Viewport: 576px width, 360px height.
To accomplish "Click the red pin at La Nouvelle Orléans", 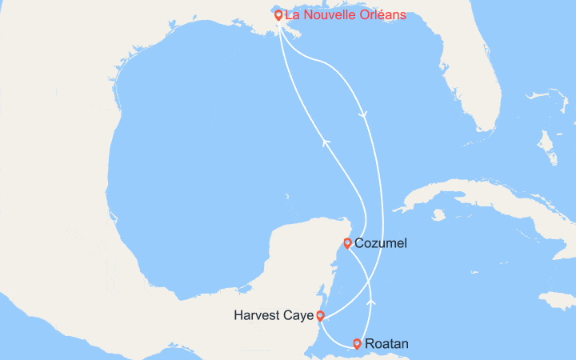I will tap(278, 14).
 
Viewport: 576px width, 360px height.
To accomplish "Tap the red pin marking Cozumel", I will tap(347, 243).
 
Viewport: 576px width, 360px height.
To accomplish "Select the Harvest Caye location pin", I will tap(320, 315).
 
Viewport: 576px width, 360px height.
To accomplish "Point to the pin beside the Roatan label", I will tap(357, 344).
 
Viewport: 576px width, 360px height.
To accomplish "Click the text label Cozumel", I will tap(381, 243).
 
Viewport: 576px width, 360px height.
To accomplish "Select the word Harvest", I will tap(258, 316).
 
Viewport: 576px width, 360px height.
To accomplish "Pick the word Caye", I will tap(298, 316).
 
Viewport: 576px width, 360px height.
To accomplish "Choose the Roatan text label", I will tap(386, 345).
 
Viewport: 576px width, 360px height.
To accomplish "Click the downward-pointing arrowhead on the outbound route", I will tap(364, 115).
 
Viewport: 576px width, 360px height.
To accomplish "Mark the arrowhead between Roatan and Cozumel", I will tap(370, 302).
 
